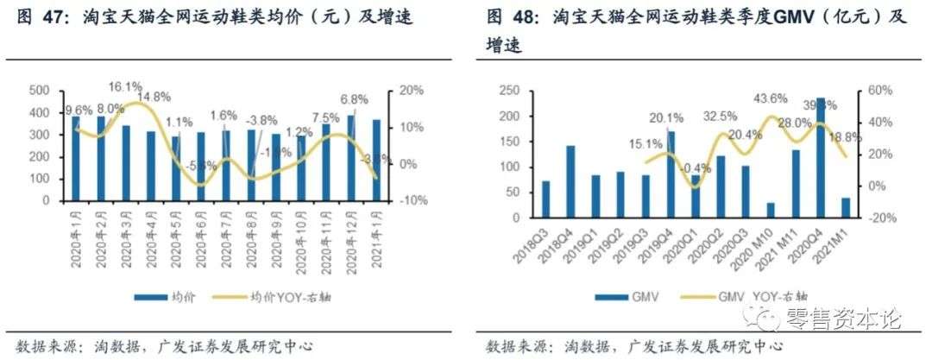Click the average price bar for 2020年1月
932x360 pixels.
(76, 159)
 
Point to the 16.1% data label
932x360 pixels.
(125, 86)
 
